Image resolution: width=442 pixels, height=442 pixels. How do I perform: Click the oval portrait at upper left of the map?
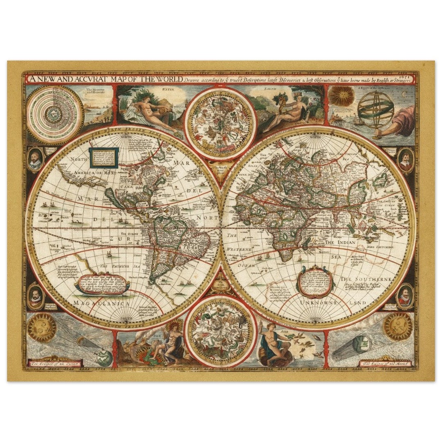(35, 160)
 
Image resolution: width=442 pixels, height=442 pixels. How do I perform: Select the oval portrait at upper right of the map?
(405, 161)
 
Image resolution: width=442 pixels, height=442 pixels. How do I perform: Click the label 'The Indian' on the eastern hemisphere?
(339, 243)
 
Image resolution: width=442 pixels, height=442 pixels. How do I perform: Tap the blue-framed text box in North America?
(103, 157)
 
